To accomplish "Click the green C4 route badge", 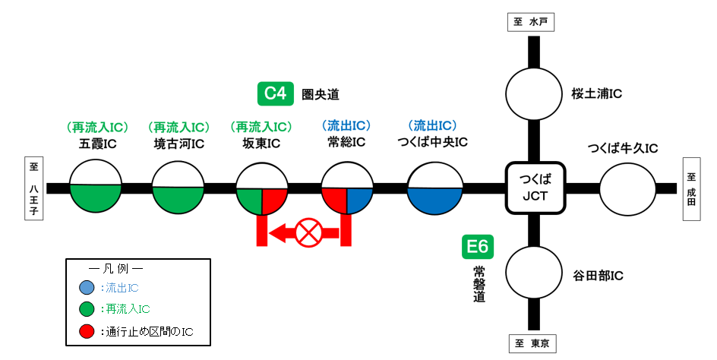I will coord(275,93).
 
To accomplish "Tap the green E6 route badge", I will coord(479,247).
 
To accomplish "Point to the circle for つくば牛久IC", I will coord(628,188).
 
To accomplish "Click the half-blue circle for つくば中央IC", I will coord(435,188).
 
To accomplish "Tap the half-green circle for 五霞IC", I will coord(96,188).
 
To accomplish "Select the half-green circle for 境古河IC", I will coord(179,188).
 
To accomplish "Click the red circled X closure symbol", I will coord(308,232).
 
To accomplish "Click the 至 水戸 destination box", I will coord(532,22).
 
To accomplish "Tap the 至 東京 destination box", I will coord(532,344).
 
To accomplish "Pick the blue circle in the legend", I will coord(87,288).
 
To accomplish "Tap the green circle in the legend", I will coord(87,309).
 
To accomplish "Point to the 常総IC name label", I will coord(346,142).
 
